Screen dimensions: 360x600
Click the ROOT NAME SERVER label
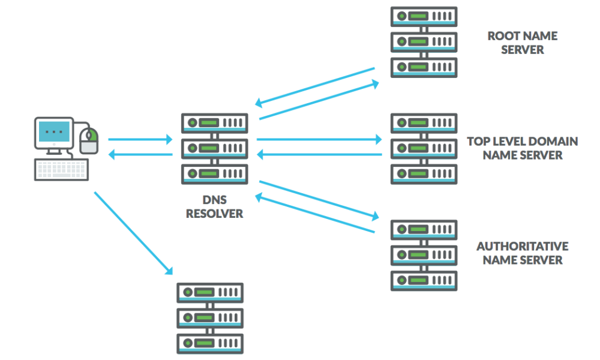[522, 43]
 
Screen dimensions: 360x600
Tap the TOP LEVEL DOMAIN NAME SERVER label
[522, 148]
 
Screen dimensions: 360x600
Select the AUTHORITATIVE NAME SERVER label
[522, 253]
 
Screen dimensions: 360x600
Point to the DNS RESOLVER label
[214, 207]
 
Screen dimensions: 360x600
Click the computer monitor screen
[54, 131]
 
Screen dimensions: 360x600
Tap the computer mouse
[89, 142]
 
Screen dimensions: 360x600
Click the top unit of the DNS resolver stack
[214, 123]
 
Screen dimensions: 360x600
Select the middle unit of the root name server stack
[424, 41]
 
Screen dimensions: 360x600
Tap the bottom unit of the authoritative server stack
[424, 280]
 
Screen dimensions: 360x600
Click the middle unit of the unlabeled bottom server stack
[210, 317]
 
